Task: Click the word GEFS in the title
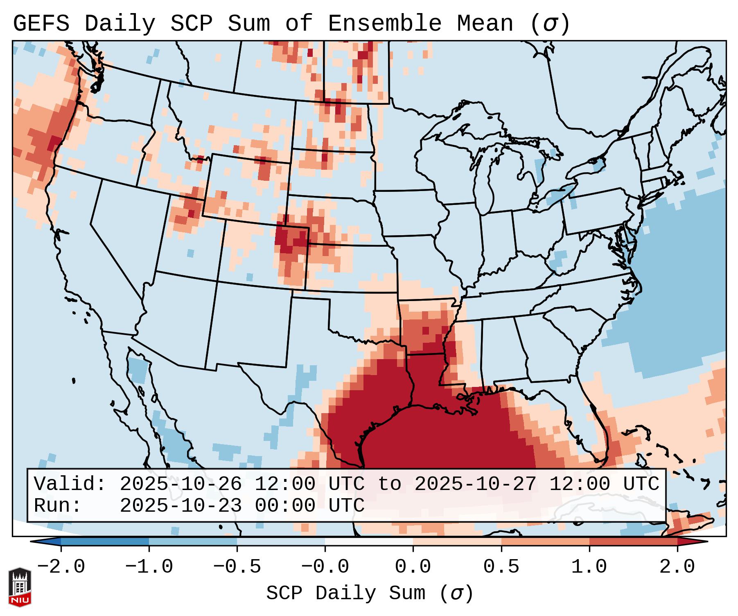(41, 24)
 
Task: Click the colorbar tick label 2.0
(677, 567)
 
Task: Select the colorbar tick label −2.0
(61, 567)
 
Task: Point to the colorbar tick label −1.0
(149, 567)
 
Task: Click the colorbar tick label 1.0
(589, 567)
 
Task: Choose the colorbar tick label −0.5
(237, 567)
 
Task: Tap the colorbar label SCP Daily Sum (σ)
(370, 594)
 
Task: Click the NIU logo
(20, 587)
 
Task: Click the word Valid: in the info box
(70, 484)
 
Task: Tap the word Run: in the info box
(58, 506)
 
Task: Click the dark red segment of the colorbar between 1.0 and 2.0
(633, 542)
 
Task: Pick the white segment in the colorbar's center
(369, 542)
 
